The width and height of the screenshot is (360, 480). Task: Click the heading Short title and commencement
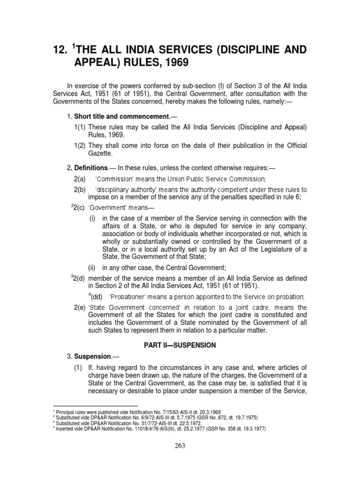121,116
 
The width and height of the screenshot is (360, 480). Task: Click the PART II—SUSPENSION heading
180,345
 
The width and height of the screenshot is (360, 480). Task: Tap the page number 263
180,446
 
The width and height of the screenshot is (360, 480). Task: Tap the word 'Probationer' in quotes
128,297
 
